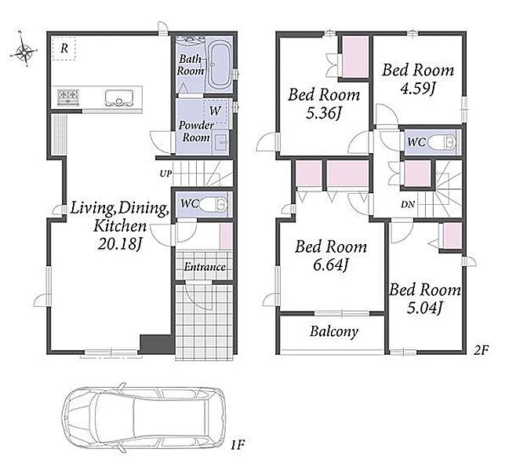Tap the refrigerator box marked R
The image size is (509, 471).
pos(64,49)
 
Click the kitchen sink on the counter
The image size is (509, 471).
pos(119,97)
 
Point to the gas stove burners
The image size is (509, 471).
pos(68,96)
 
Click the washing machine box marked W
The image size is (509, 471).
pos(215,111)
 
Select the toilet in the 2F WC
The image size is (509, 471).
pos(442,142)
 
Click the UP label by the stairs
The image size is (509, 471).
pos(165,173)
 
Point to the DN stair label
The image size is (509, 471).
pos(408,205)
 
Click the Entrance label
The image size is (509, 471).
pos(205,267)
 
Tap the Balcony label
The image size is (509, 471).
pos(334,331)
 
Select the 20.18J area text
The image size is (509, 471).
pos(120,244)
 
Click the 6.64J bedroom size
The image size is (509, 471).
pos(331,265)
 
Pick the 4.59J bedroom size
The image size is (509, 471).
pos(417,88)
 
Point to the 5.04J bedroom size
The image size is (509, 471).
pos(424,307)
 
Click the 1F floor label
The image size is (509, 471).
pos(237,445)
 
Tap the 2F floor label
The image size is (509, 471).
pos(481,350)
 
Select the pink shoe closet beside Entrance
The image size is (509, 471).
pos(226,235)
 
